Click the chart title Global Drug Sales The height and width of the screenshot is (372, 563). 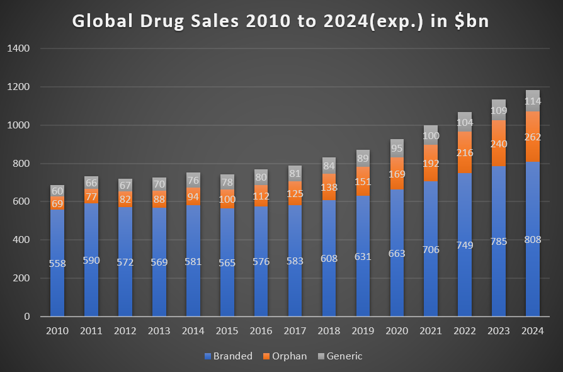click(281, 21)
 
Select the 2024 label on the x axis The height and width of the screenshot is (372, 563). click(533, 332)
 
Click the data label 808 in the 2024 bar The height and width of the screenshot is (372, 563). click(533, 240)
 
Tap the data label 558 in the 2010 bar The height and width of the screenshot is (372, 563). click(57, 263)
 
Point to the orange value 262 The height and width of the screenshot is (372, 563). click(533, 137)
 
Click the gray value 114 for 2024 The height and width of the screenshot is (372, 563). click(533, 101)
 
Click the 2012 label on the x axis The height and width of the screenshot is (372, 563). click(125, 332)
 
